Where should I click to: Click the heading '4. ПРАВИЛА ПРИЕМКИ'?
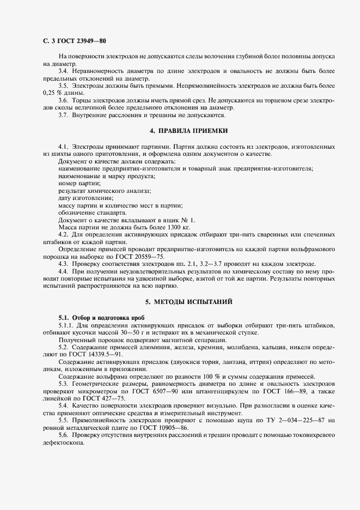coord(188,131)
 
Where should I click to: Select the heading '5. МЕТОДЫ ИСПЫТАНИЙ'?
coord(189,301)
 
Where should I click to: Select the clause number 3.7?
coord(64,115)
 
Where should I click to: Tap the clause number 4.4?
coord(64,271)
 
